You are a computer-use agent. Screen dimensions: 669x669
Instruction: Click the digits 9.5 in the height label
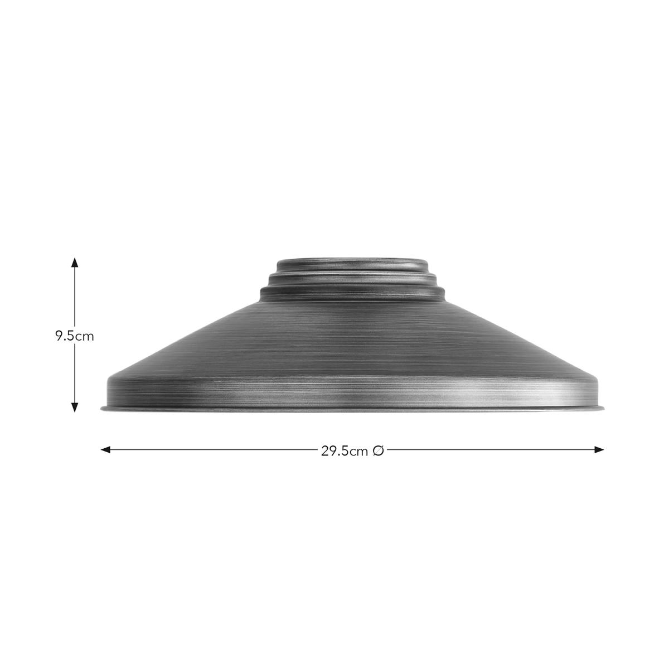point(65,336)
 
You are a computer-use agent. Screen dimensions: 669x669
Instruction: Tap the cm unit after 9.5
point(85,337)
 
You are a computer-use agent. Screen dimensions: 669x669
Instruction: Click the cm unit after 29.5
point(359,452)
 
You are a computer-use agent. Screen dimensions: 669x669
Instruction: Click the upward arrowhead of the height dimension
point(74,263)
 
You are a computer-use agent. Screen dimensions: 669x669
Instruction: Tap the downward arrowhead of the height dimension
point(74,407)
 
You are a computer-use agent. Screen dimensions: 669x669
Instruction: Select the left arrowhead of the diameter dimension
point(105,450)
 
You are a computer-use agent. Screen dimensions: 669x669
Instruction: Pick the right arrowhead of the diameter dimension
point(599,450)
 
